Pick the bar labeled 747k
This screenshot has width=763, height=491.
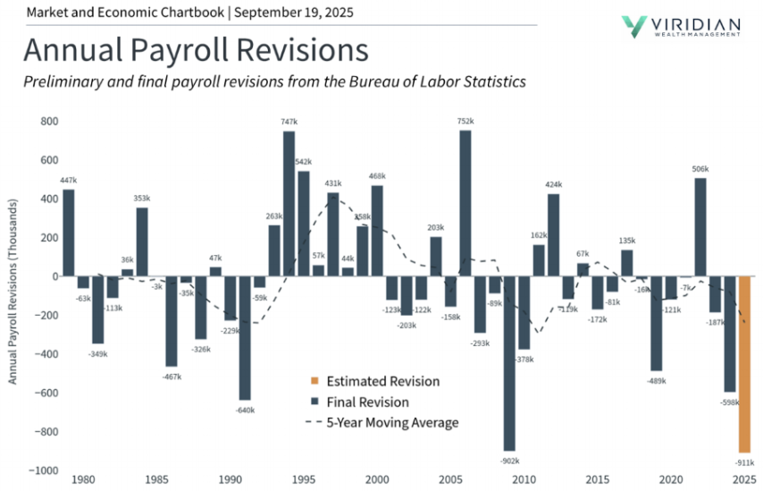tap(289, 204)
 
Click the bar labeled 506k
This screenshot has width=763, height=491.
tap(700, 227)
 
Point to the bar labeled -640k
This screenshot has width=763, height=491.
tap(245, 338)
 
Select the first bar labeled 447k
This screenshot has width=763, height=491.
tap(69, 233)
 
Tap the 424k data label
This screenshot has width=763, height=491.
tap(554, 185)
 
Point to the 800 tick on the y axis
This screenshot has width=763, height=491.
tap(46, 121)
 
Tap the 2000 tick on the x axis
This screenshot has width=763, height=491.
tap(377, 480)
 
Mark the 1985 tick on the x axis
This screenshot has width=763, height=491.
tap(156, 480)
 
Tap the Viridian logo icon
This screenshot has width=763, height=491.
tap(635, 26)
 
